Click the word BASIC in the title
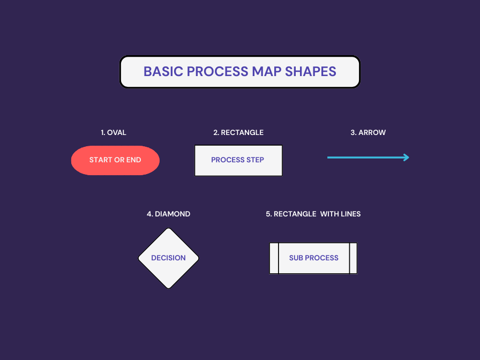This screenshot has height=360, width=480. point(163,72)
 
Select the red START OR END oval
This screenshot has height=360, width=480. point(115,160)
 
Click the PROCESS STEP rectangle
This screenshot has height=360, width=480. point(238,160)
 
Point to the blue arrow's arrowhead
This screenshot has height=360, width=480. point(407,157)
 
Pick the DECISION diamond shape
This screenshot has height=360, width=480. point(168,258)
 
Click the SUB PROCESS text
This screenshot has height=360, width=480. point(313,258)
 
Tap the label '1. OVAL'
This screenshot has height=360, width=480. point(114,132)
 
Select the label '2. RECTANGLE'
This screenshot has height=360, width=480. point(238,132)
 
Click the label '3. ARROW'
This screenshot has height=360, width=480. point(368,132)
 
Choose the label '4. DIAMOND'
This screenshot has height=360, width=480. point(168,214)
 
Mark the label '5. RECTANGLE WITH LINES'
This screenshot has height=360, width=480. point(313,214)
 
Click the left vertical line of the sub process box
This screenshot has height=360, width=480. point(279,258)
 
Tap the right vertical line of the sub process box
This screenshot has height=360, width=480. point(350,258)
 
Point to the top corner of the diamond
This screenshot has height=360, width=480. point(169,229)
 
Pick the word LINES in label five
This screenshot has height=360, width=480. point(350,214)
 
